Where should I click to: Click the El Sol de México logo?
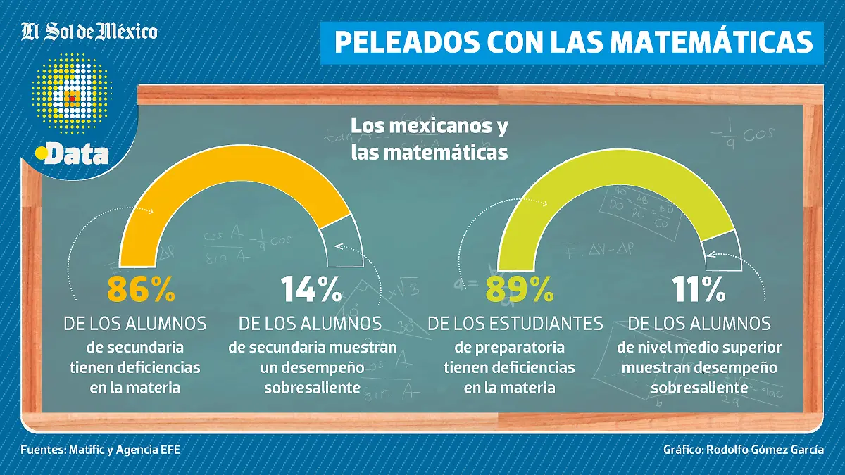89,31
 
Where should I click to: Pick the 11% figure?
699,289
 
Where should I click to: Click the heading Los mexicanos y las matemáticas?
430,139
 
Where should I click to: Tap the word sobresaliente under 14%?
312,387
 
